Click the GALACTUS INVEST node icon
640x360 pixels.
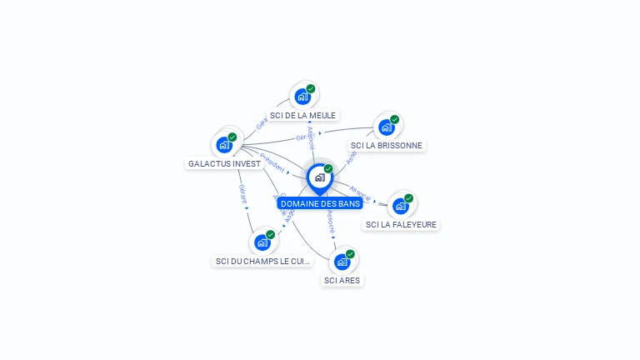(x=224, y=145)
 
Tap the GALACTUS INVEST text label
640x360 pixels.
(x=224, y=163)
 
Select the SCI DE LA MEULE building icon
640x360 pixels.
(x=302, y=97)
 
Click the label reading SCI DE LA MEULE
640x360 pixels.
(x=302, y=115)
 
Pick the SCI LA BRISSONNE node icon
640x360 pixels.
(x=387, y=127)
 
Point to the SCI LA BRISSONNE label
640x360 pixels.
(x=387, y=145)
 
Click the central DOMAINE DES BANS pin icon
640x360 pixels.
(x=319, y=177)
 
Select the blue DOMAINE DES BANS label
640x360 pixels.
(x=320, y=203)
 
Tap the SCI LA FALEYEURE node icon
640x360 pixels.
(x=401, y=206)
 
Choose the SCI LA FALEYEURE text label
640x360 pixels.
(x=401, y=224)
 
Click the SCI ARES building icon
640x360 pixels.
(x=342, y=262)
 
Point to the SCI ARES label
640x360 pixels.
(x=342, y=280)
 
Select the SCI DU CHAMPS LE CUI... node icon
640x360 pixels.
(x=262, y=242)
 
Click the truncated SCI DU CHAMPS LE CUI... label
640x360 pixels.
(x=262, y=261)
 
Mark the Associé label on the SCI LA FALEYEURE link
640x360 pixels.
(x=360, y=193)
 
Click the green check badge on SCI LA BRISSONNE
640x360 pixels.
(x=395, y=119)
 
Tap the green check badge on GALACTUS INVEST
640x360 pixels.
(x=232, y=137)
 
